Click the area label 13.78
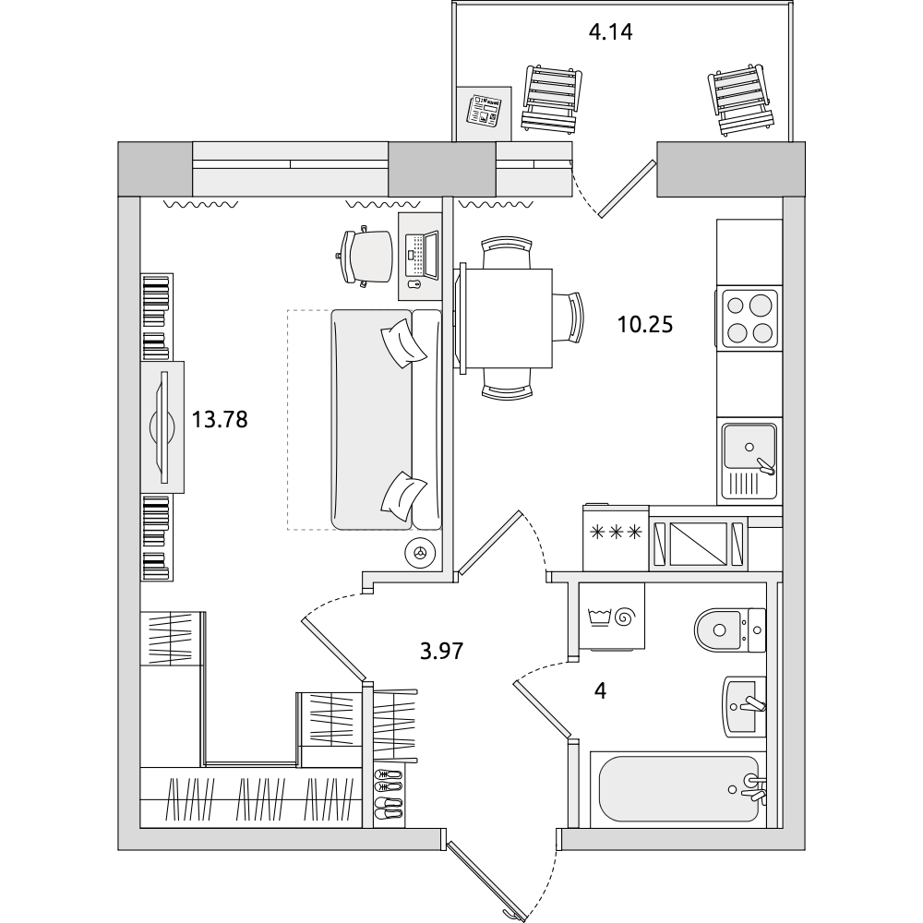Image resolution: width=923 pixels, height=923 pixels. (220, 420)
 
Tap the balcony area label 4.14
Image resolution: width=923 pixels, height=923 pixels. (610, 31)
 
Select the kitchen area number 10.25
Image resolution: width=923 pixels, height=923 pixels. (644, 324)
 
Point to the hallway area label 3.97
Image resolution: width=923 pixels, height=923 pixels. (441, 651)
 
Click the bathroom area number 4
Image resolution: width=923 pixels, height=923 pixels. (600, 690)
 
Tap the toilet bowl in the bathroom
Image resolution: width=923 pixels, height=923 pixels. (730, 629)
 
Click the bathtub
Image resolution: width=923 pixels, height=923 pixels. (678, 789)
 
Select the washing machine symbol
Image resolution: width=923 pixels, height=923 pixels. (612, 617)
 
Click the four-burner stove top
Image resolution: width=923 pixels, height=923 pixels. (749, 318)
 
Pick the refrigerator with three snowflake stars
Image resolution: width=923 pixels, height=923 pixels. (616, 537)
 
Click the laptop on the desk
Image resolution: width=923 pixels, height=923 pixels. (422, 255)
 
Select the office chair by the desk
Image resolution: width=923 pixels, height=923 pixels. (365, 257)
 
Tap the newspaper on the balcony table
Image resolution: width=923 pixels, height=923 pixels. (484, 111)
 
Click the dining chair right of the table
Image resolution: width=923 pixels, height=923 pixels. (569, 318)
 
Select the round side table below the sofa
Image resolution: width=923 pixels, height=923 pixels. (420, 553)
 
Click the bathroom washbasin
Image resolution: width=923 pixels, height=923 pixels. (744, 706)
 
